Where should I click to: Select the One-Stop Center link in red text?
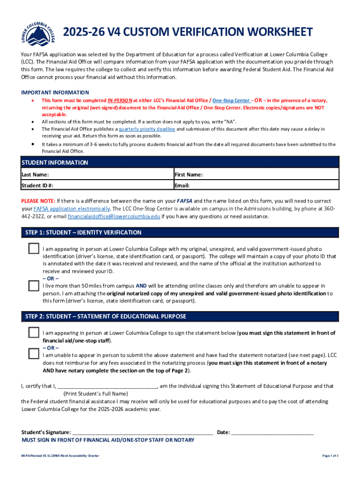point(231,101)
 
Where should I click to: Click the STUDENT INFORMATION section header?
point(55,163)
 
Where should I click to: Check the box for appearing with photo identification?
point(34,248)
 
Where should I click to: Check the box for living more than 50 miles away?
point(34,285)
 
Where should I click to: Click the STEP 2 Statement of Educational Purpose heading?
point(106,317)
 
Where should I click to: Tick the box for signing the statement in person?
point(34,333)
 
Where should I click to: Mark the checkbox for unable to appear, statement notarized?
point(34,353)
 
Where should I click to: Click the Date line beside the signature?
point(272,432)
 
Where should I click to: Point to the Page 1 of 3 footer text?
point(330,456)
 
